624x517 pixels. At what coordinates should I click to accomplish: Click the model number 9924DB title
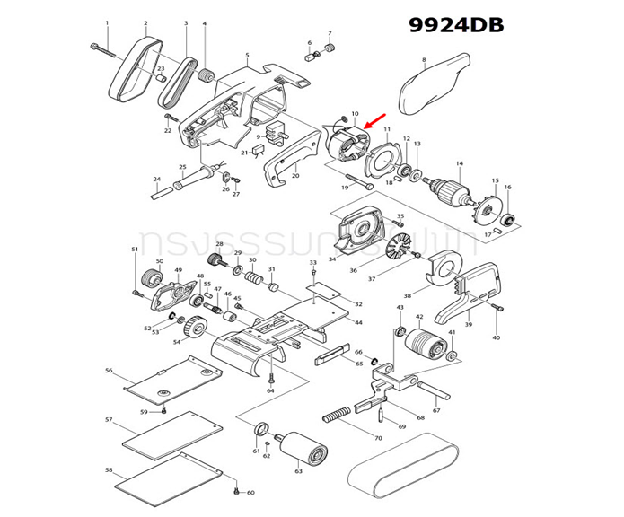(x=455, y=25)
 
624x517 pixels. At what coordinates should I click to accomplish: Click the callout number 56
(x=109, y=370)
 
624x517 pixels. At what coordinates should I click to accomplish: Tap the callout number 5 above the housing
(x=246, y=56)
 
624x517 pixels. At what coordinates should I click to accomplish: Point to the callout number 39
(x=468, y=324)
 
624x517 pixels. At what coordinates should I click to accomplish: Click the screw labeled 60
(x=235, y=490)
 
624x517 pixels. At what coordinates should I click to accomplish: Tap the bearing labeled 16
(x=508, y=218)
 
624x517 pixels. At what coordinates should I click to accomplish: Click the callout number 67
(x=436, y=410)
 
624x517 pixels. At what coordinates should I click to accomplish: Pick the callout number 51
(x=136, y=249)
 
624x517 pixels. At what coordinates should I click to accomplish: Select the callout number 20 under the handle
(x=294, y=176)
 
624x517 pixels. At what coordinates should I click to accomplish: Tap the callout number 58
(x=109, y=469)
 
